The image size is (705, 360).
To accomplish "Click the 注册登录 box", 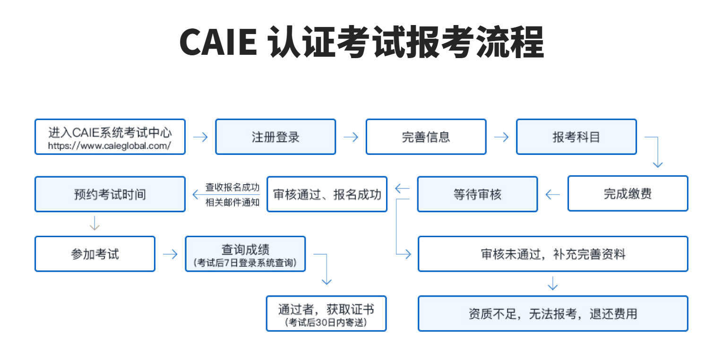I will coord(275,137).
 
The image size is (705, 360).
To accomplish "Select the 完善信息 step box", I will coord(426,137).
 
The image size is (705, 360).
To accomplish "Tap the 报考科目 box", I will coord(576,137).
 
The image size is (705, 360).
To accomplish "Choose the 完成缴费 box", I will coord(628,194).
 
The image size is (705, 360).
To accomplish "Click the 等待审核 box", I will coord(477,194).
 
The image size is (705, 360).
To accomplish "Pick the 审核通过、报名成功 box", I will coord(327,194).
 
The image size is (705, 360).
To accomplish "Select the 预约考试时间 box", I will coord(110,194).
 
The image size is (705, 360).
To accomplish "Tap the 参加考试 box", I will coord(95,254).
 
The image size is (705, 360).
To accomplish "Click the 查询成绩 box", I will coord(245,254).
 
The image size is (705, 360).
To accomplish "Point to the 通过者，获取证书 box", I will coord(326,313).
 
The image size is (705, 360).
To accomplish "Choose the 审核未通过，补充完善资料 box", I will coord(553,254).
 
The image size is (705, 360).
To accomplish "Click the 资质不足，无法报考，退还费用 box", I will coord(553,313).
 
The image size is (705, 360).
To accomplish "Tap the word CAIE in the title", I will coord(218,43).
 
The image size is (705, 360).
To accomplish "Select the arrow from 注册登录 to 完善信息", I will coord(351,137).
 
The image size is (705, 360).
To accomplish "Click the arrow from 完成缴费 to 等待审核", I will coord(552,194).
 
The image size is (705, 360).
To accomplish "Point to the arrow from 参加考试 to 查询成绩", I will coord(170,254).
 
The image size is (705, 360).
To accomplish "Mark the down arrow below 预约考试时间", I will coord(95,223).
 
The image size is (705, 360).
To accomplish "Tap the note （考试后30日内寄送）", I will coord(326,322).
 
